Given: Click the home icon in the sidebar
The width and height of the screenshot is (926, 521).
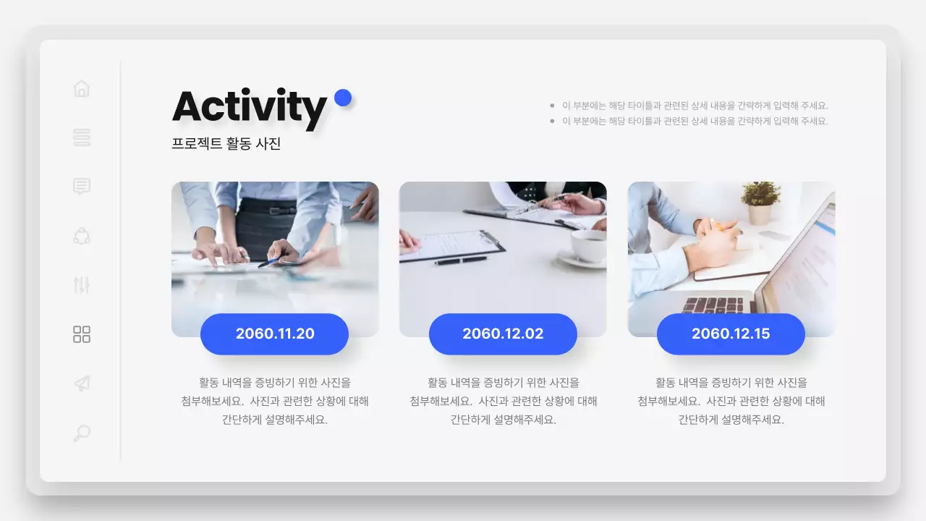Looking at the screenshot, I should (82, 88).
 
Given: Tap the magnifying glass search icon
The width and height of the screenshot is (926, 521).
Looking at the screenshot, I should (82, 433).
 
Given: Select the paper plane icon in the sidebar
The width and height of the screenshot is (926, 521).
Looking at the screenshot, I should (82, 384).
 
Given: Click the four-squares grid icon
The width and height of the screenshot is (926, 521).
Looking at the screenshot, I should (82, 334).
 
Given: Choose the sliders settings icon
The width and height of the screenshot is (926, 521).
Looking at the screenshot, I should (82, 285).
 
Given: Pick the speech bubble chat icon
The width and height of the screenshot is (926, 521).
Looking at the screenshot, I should (82, 187).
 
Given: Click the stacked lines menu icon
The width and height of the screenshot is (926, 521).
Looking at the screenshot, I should (82, 137).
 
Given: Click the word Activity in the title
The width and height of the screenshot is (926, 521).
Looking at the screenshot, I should (250, 107).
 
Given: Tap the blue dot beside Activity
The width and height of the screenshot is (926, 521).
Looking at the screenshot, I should (343, 98).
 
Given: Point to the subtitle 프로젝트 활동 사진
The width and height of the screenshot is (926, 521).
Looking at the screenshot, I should (226, 144).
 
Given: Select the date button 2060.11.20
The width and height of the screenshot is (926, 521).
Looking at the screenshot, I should (275, 334).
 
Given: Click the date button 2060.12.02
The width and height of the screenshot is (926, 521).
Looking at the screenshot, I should (503, 334).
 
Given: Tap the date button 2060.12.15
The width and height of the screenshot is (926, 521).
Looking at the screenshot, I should (731, 334).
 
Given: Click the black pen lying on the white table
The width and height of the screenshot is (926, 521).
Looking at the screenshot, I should (461, 260).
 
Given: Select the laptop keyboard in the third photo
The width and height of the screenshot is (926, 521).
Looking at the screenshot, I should (713, 305).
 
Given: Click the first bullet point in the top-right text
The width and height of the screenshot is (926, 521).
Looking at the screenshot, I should (553, 106).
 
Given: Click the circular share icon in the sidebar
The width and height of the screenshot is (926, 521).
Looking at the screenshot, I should (82, 236).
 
